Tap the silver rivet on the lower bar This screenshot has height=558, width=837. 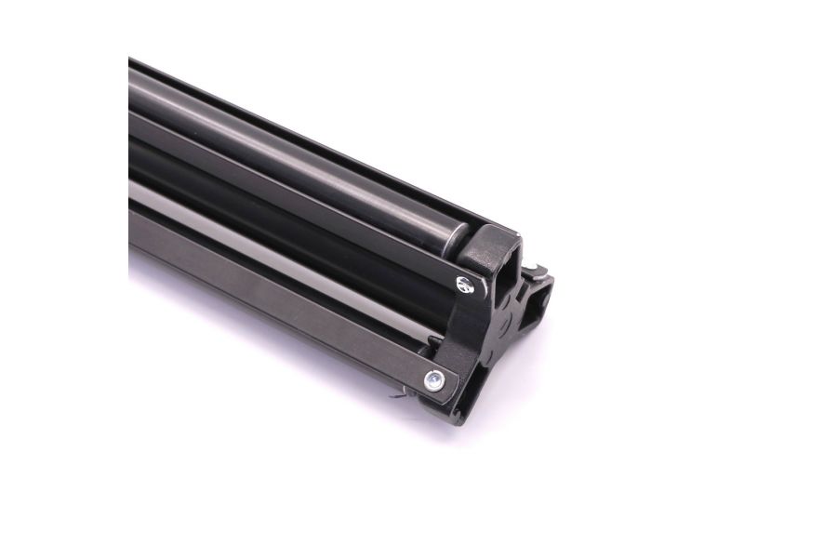432,379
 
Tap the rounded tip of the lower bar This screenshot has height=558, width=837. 445,381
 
